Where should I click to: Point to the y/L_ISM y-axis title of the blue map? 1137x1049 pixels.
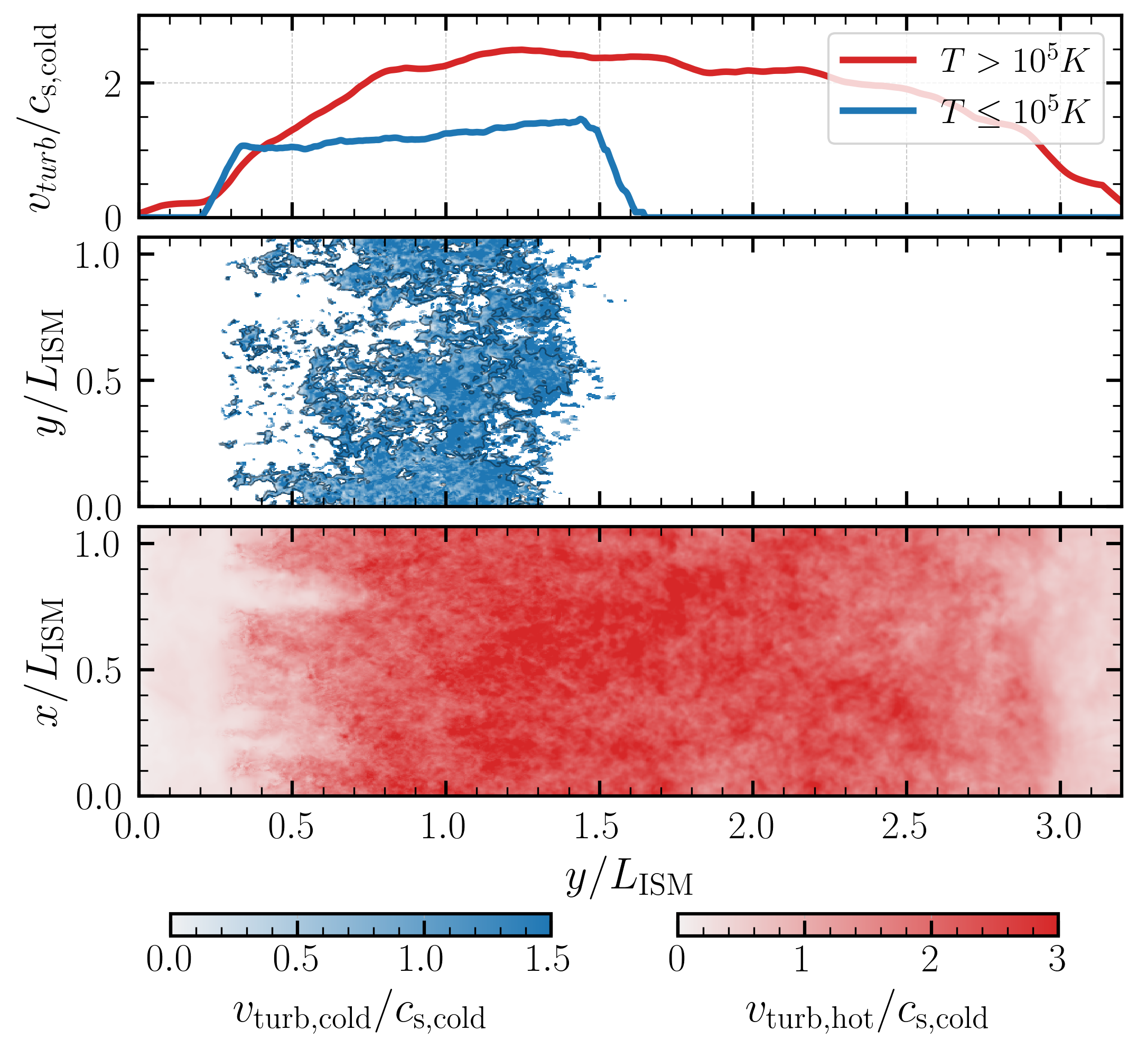click(x=48, y=372)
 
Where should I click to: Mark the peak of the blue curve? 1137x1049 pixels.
click(x=581, y=119)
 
